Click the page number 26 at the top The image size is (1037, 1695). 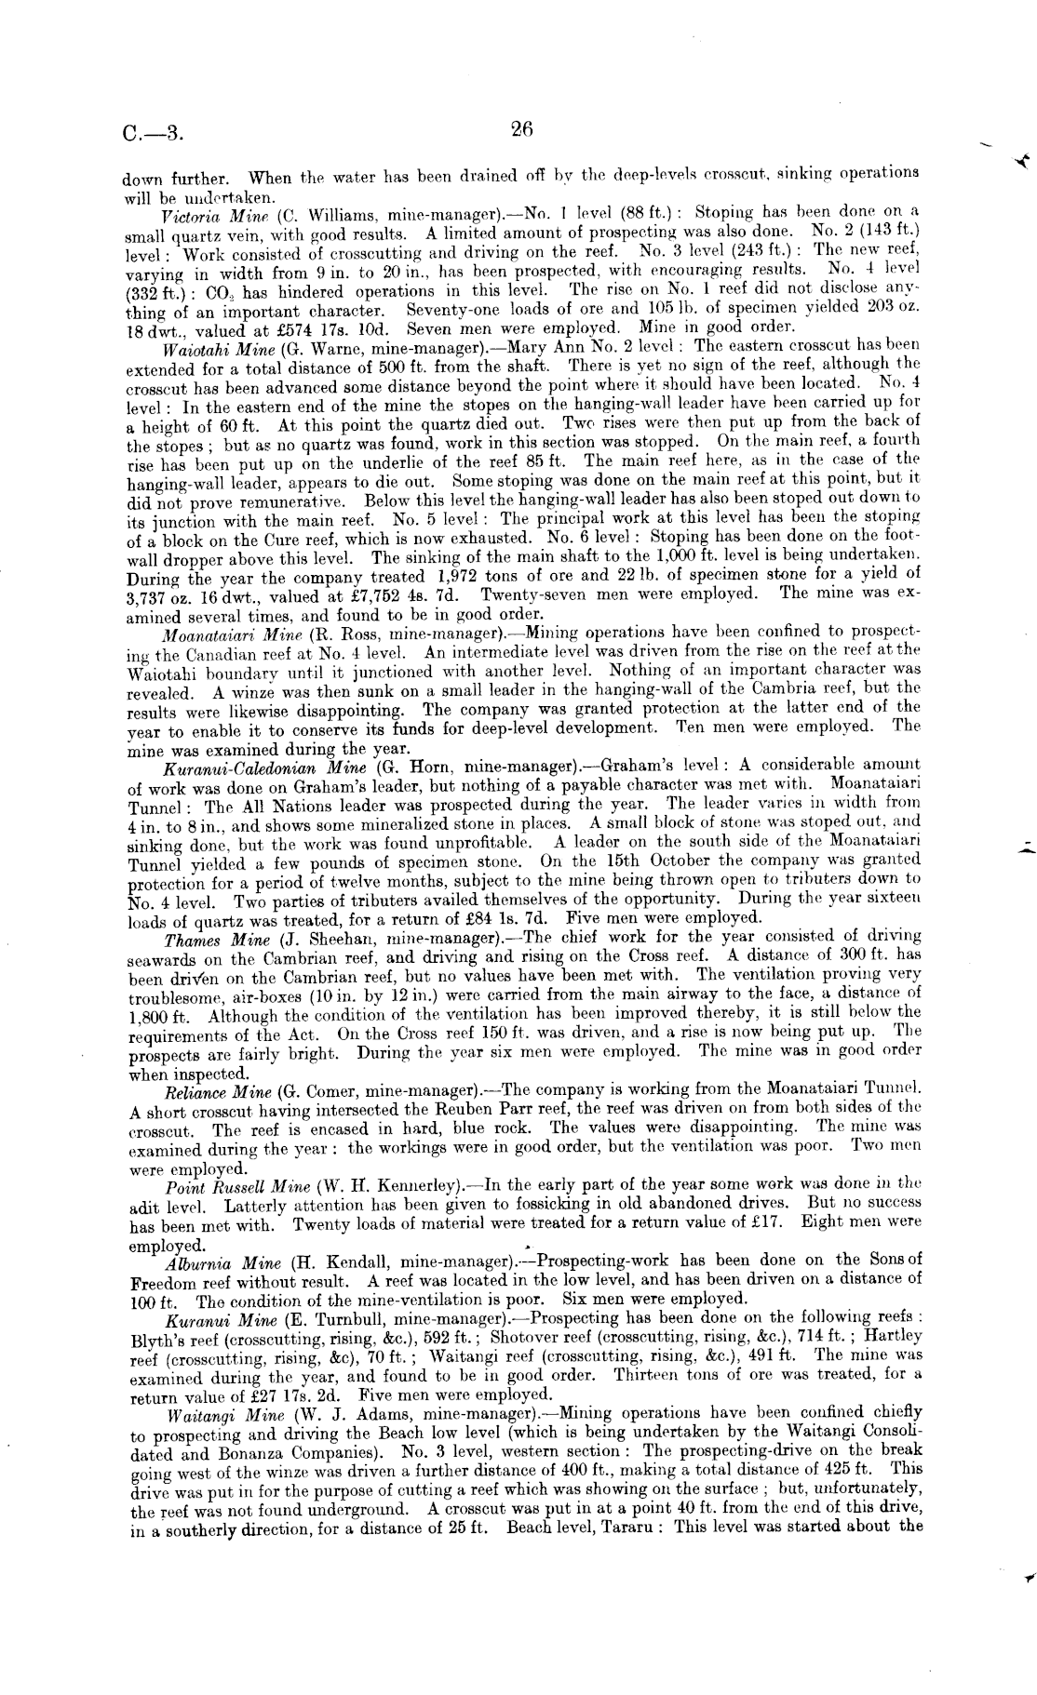coord(521,130)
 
